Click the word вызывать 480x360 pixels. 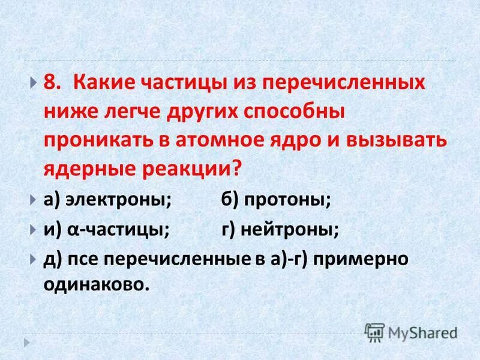click(395, 140)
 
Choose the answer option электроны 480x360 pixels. click(119, 200)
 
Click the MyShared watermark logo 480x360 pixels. click(412, 331)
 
